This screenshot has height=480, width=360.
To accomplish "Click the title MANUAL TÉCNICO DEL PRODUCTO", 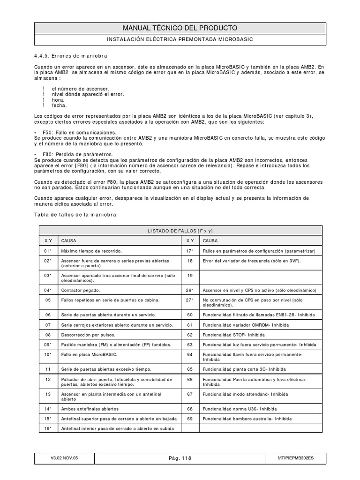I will (x=180, y=28).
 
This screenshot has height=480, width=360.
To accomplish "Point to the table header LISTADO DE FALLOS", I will (x=180, y=231).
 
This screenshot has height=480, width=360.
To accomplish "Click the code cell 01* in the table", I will (x=47, y=251).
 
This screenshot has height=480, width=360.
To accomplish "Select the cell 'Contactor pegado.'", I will (x=82, y=290).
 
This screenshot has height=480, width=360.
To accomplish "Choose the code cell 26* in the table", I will (x=189, y=290).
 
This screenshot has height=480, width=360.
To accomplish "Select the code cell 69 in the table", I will (x=189, y=418).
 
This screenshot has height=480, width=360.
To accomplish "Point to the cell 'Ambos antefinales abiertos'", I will (x=90, y=408).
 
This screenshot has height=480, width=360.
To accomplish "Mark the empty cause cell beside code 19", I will (x=261, y=276).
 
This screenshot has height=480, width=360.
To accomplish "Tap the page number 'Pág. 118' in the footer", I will (x=180, y=459).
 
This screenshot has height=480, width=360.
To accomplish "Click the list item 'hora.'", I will (x=58, y=100).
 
